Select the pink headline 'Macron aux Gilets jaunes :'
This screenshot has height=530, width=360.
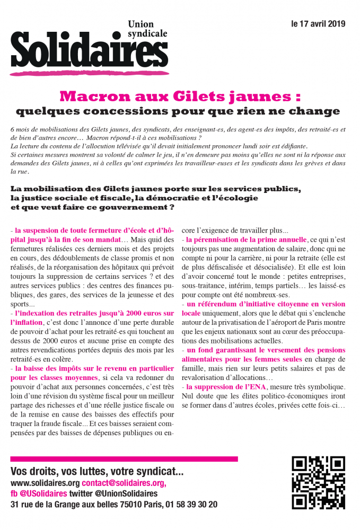click(180, 97)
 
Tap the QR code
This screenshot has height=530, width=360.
click(318, 483)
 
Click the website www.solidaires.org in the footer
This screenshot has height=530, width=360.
click(45, 483)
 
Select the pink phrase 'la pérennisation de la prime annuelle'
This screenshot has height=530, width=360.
click(247, 240)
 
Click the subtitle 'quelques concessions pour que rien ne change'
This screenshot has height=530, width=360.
click(178, 111)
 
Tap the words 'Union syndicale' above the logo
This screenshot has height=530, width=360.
click(147, 29)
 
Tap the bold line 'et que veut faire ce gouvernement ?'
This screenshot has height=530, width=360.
click(93, 207)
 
